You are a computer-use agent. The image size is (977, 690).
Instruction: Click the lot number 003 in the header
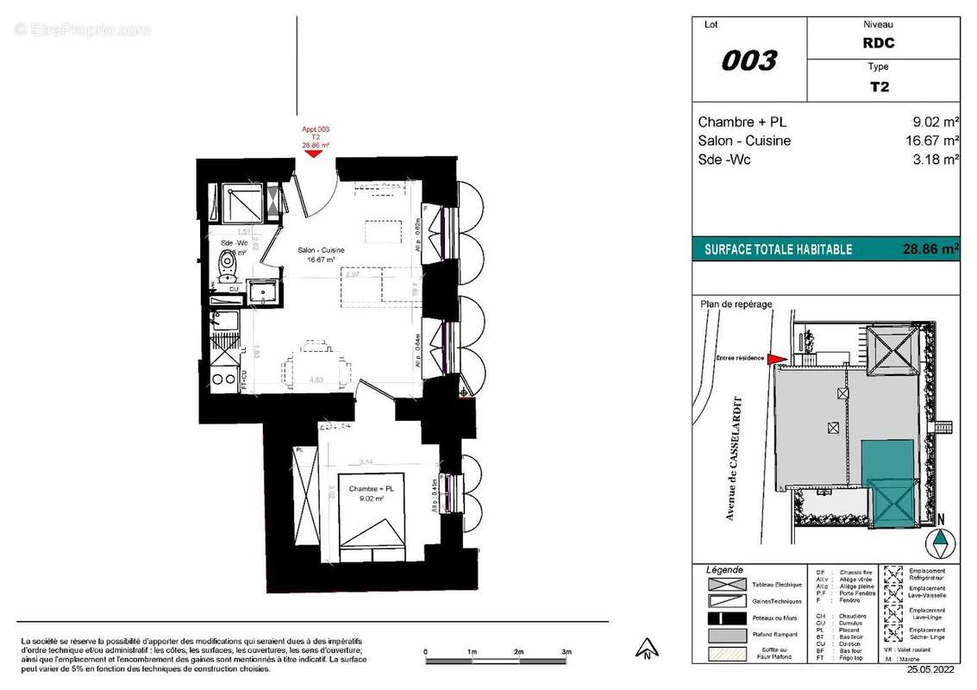pyautogui.click(x=748, y=60)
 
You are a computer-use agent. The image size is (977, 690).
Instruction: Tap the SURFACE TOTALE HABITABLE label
pyautogui.click(x=778, y=249)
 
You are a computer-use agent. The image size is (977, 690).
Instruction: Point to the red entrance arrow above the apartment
pyautogui.click(x=316, y=157)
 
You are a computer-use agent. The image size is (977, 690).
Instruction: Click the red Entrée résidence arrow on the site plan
pyautogui.click(x=776, y=359)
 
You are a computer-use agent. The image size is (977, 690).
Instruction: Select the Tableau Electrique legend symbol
pyautogui.click(x=727, y=585)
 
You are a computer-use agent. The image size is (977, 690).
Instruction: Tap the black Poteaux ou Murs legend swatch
pyautogui.click(x=727, y=618)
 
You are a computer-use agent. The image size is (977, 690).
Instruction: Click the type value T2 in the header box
pyautogui.click(x=880, y=86)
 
